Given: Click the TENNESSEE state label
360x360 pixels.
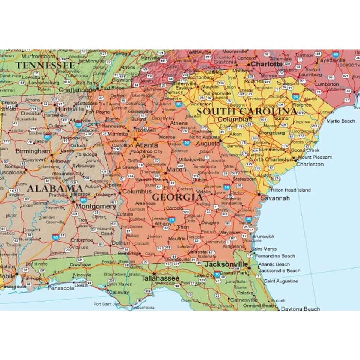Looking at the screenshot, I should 45,65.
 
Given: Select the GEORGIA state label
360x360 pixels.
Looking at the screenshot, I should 177,197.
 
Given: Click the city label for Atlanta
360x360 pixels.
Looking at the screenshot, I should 146,145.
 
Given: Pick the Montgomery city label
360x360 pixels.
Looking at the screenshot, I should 96,206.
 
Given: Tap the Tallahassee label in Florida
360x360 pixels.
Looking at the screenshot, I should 160,278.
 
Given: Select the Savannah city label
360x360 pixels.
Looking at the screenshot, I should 275,198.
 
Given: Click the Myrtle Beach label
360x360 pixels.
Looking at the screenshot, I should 340,121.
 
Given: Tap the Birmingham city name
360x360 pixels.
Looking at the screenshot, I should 33,151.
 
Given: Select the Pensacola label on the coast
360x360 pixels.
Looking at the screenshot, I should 61,288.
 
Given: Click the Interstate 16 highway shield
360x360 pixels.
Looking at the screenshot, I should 226,187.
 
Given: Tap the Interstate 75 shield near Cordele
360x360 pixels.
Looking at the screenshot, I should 172,219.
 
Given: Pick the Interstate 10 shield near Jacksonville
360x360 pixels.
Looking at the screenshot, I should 217,274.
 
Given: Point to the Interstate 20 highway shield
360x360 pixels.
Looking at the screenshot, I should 186,142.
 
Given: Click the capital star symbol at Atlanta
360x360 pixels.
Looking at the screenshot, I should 135,139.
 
